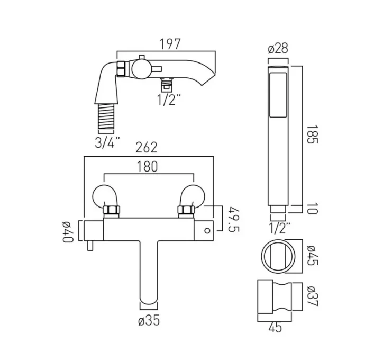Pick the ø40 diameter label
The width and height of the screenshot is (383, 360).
coord(68,231)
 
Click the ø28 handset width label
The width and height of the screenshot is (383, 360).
coord(278,49)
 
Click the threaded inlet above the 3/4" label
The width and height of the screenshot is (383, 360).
coord(107,118)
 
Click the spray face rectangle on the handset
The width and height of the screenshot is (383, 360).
coord(278,95)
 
